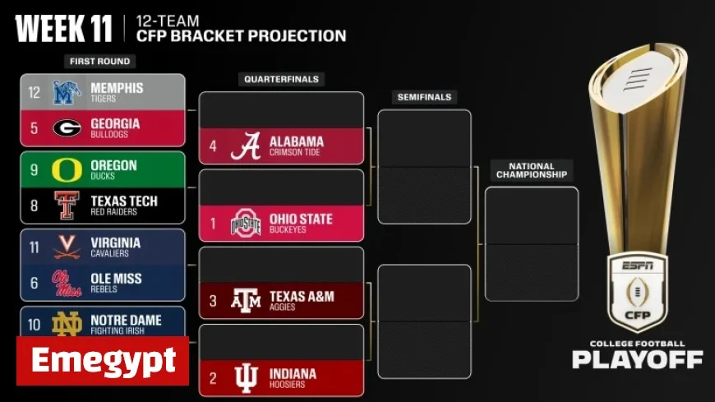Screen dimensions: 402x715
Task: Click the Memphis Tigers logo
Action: (x=66, y=92)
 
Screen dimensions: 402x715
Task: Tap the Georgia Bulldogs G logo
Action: (x=66, y=127)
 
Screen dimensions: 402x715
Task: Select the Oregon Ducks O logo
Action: (x=65, y=169)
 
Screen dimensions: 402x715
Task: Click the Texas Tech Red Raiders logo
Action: (x=65, y=206)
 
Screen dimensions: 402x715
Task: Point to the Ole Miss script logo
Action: (x=67, y=283)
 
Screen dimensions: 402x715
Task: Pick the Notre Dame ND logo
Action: (x=66, y=324)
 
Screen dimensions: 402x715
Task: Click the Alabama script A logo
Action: (x=245, y=146)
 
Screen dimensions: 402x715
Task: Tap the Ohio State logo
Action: (x=245, y=224)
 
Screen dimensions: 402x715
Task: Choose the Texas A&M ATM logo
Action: (x=245, y=301)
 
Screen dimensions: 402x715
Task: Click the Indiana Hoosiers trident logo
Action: (x=245, y=378)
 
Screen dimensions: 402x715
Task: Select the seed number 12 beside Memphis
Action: (x=34, y=93)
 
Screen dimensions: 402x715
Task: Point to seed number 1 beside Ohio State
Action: (x=213, y=224)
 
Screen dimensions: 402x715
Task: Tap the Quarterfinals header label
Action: (x=281, y=80)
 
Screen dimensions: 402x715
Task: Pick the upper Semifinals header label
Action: (x=424, y=97)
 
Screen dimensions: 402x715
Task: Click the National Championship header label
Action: (x=532, y=170)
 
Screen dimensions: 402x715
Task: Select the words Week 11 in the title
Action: (x=63, y=30)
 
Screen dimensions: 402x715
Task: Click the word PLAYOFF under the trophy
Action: (x=637, y=359)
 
